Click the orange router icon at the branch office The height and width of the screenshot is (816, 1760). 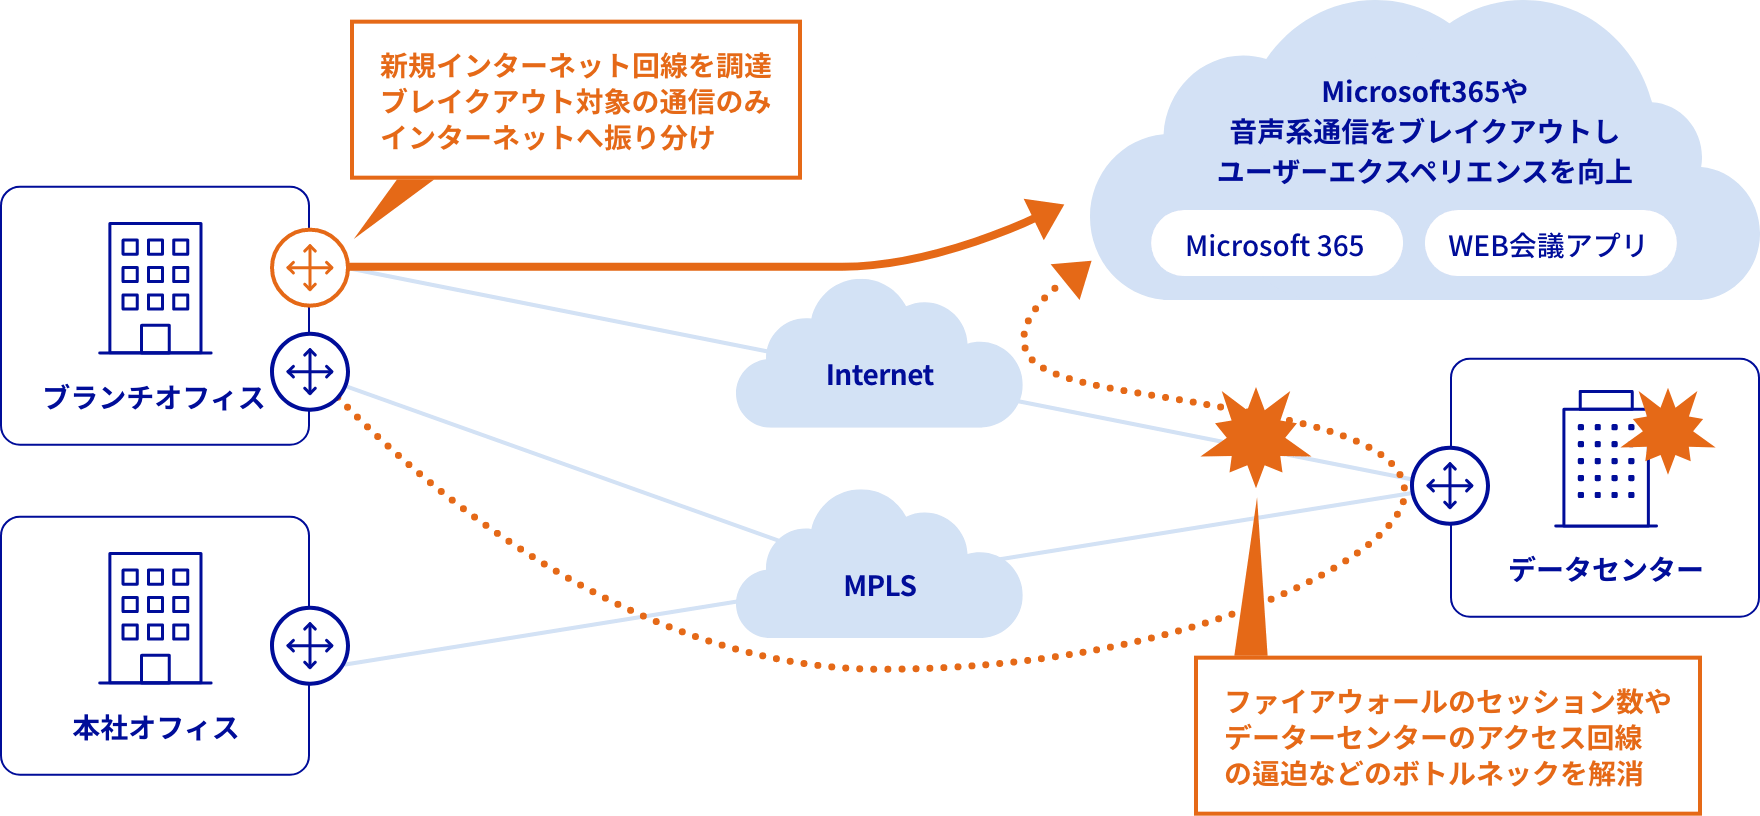tap(310, 268)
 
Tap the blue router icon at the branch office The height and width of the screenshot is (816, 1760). tap(310, 372)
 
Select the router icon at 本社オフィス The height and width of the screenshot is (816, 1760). tap(310, 646)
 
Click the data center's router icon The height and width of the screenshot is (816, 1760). tap(1450, 486)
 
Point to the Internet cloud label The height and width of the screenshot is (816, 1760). tap(879, 375)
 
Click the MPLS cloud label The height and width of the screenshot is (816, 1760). tap(879, 586)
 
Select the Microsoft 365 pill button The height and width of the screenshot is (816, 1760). tap(1275, 245)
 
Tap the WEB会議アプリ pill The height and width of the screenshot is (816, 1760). tap(1548, 245)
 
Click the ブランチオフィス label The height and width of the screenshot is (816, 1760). tap(154, 398)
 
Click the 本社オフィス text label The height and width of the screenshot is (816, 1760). tap(155, 728)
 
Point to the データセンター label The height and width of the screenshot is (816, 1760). tap(1605, 570)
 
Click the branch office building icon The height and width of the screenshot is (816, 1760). tap(155, 288)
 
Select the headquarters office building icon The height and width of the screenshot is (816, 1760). tap(155, 618)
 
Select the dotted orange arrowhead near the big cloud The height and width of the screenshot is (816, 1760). tap(1073, 279)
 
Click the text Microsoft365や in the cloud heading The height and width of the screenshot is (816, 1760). tap(1424, 92)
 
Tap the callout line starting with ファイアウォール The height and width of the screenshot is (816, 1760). tap(1447, 702)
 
